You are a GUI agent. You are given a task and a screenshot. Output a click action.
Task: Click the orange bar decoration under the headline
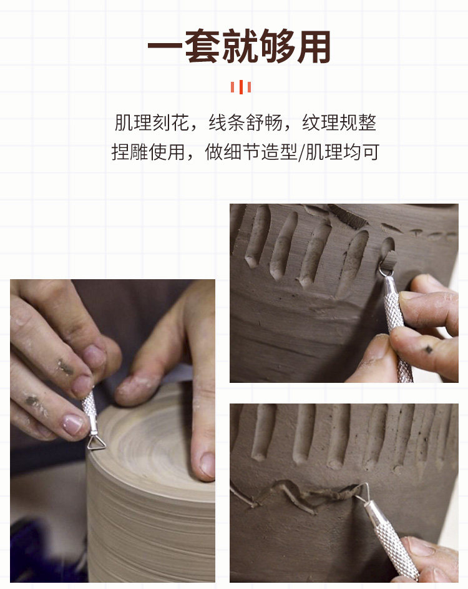(x=241, y=87)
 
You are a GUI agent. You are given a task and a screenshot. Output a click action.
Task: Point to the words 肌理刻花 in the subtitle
(x=152, y=122)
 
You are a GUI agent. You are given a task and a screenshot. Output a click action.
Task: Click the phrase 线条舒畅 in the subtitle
(x=245, y=122)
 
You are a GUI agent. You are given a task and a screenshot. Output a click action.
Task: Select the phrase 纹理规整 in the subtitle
(x=339, y=122)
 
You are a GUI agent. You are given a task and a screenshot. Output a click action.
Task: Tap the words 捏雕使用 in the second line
(x=149, y=152)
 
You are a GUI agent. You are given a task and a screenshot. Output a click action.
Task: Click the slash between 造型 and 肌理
(x=301, y=152)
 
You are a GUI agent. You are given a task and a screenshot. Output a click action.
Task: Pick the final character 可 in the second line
(x=370, y=152)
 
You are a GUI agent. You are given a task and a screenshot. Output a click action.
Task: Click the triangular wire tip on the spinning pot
(x=96, y=443)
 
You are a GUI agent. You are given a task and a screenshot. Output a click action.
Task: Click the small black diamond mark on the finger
(x=428, y=350)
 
